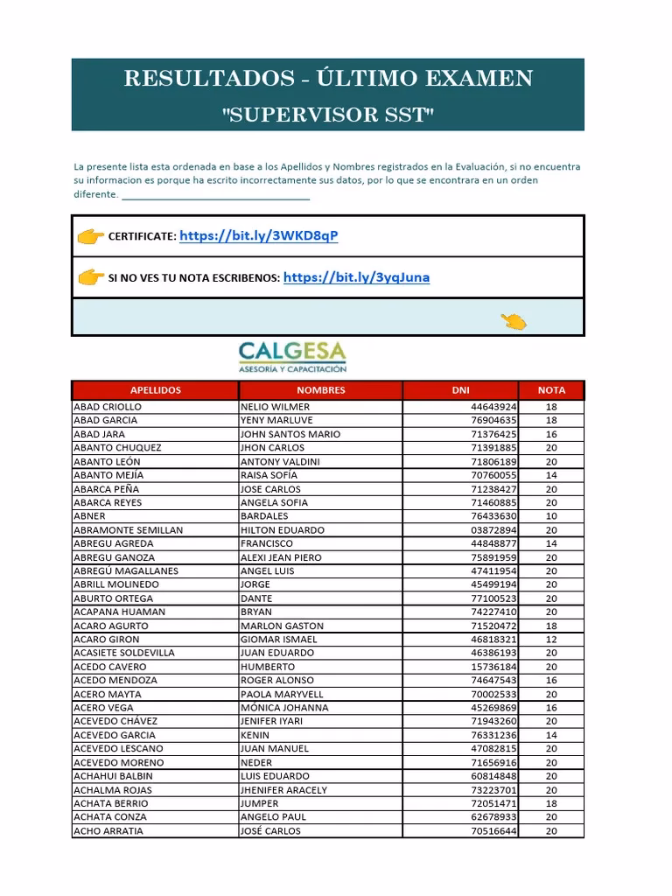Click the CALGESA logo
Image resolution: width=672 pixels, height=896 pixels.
tap(292, 357)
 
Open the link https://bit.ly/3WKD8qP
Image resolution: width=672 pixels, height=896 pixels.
tap(258, 236)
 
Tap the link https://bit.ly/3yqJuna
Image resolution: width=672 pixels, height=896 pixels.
tap(356, 277)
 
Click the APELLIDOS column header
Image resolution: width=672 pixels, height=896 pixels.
tap(155, 390)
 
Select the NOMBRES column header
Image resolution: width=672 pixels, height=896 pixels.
tap(320, 390)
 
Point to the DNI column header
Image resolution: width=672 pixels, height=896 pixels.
tap(460, 390)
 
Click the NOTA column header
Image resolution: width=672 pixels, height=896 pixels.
tap(551, 390)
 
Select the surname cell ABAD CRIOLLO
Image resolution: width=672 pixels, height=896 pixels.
tap(108, 407)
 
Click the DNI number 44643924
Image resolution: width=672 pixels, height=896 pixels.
tap(493, 407)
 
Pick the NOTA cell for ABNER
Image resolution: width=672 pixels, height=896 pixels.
tap(551, 516)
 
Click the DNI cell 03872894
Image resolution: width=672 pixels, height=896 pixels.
tap(493, 530)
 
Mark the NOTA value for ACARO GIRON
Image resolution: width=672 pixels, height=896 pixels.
tap(551, 640)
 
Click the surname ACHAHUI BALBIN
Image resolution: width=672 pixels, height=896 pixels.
tap(114, 776)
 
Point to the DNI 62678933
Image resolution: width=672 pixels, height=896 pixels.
tap(493, 817)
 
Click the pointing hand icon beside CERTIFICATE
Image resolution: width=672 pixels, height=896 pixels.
tap(90, 236)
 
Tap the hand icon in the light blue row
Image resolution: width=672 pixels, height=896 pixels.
tap(514, 321)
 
